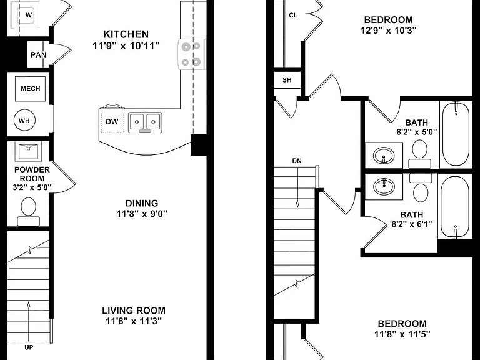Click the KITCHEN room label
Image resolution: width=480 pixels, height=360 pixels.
126,34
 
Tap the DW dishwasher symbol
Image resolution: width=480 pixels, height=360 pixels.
112,121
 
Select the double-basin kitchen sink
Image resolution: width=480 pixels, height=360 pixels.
145,122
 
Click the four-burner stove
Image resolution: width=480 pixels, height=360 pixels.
191,54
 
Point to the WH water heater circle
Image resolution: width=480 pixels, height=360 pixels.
24,121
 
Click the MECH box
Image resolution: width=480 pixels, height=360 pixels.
30,89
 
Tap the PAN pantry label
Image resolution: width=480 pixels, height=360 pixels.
39,55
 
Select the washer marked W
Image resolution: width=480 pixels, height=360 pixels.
24,15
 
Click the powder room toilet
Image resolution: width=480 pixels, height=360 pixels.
29,211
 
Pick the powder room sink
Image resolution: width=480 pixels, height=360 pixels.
28,151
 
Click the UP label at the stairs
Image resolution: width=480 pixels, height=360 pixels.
29,347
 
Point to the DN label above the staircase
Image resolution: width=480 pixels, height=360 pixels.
297,161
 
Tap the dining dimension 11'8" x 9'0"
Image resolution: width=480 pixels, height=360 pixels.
142,214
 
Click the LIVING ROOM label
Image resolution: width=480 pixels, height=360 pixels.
134,311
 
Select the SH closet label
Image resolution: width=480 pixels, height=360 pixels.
287,80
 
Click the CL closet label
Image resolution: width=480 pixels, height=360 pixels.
293,15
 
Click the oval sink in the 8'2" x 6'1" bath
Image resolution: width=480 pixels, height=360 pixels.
384,186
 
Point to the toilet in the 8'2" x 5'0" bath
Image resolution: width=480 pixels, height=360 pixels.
420,154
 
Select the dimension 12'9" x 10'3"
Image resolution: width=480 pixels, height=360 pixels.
389,31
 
